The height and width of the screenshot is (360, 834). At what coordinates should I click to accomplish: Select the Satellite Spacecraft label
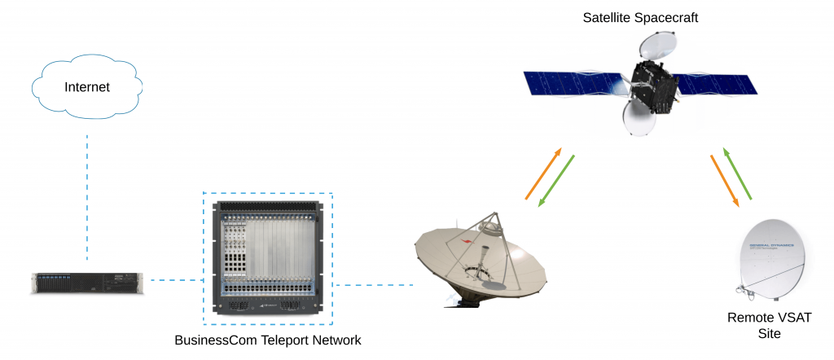click(639, 17)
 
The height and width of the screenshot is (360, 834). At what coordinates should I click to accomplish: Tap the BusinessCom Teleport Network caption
click(267, 339)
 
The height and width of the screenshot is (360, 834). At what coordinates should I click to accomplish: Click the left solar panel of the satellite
click(573, 83)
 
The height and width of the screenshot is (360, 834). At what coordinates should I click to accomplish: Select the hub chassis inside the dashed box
click(267, 257)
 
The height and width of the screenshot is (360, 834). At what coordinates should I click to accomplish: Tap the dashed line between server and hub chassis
click(175, 281)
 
